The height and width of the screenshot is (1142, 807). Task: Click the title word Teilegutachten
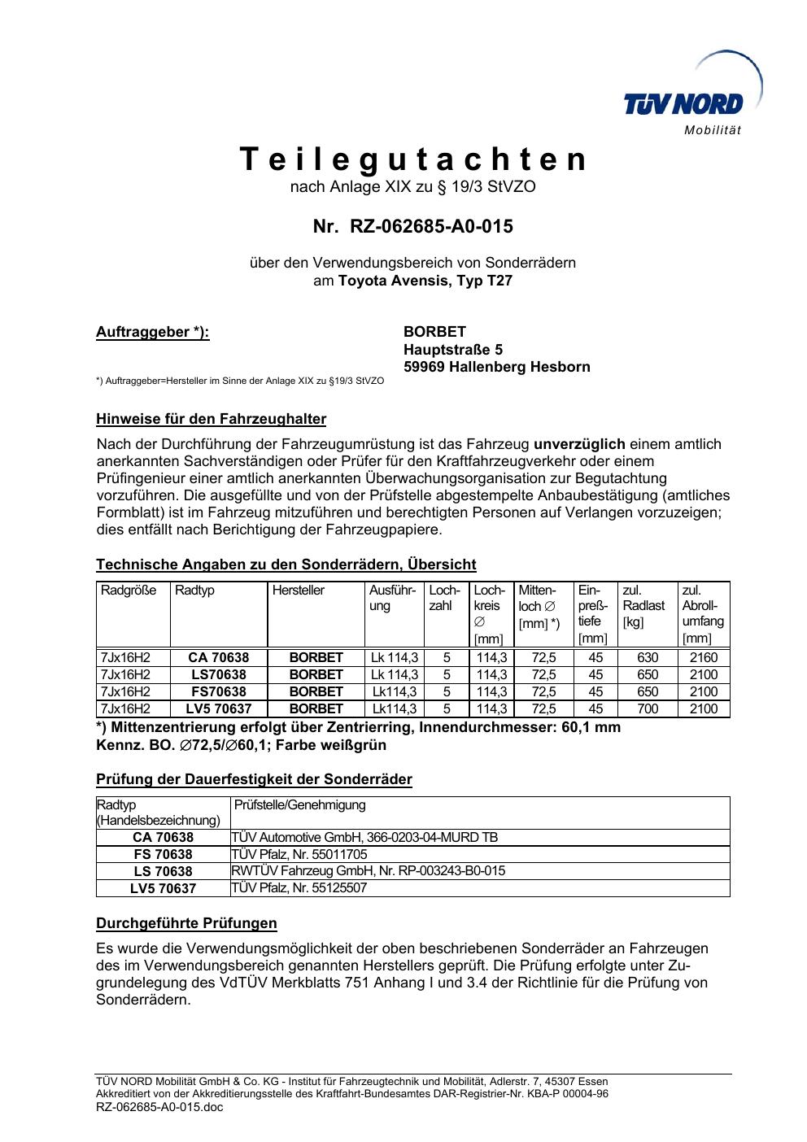(412, 159)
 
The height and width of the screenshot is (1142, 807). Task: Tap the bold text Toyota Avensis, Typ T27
(425, 281)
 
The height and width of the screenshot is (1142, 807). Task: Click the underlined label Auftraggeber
(152, 332)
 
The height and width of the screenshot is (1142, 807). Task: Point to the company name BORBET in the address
(434, 332)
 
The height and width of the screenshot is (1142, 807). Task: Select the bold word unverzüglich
(579, 444)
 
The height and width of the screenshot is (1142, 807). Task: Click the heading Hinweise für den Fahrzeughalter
(211, 420)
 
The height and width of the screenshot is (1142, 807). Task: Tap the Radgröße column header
(129, 591)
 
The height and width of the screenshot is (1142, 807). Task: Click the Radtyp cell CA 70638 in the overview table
(218, 657)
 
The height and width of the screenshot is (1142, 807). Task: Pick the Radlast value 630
(648, 657)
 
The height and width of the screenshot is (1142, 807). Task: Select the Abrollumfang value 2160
(704, 657)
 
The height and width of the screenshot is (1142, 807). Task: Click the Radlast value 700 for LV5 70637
(648, 708)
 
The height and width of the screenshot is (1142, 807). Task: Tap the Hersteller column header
(299, 591)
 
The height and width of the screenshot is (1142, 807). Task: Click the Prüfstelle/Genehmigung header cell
(299, 805)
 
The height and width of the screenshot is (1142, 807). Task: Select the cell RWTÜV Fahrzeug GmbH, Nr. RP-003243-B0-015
(369, 871)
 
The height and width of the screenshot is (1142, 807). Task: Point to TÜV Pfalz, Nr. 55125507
(299, 888)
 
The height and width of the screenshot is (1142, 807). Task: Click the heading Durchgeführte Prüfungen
(186, 923)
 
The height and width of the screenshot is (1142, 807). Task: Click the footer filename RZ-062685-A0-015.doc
(159, 1107)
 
